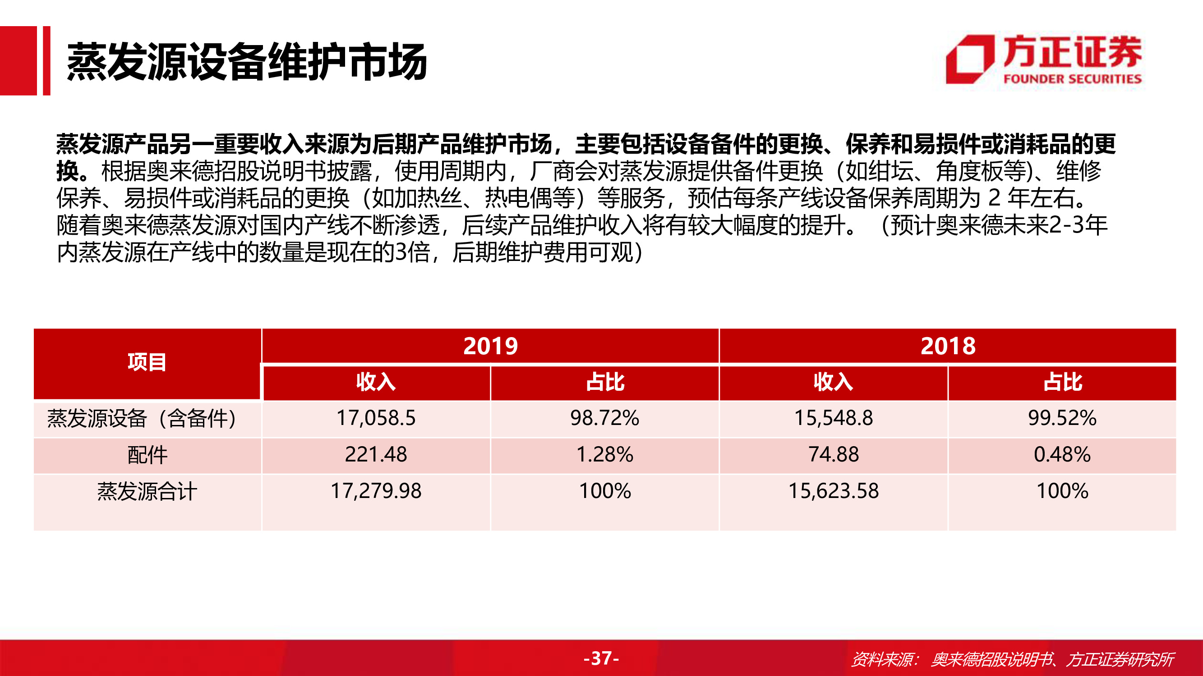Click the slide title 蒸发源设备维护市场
click(247, 61)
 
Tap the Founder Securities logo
click(1044, 60)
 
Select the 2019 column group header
click(490, 346)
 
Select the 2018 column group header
click(948, 346)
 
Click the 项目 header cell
click(147, 362)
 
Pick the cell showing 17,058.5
click(376, 418)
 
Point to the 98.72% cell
click(605, 418)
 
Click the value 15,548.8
click(834, 418)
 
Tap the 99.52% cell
click(1062, 418)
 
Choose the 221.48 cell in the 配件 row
click(376, 454)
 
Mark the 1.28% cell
click(605, 454)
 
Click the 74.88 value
click(834, 454)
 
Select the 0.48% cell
click(1062, 454)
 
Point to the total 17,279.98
click(376, 491)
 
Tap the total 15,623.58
click(834, 491)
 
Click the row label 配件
click(147, 455)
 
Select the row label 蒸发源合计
click(147, 491)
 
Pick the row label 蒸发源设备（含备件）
click(142, 418)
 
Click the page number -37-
click(602, 658)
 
